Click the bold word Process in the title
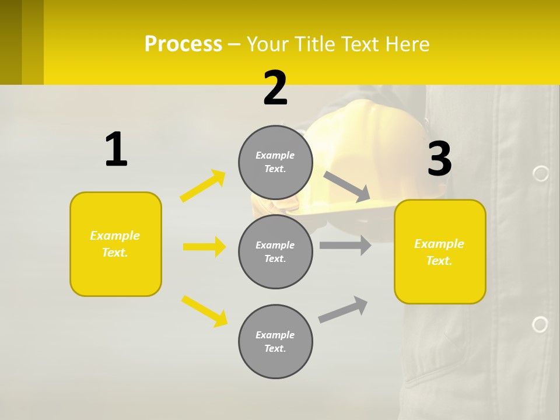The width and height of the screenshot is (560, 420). point(183,44)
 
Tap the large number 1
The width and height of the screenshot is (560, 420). point(116,150)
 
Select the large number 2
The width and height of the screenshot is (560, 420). point(275,89)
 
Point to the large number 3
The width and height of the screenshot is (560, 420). point(439,159)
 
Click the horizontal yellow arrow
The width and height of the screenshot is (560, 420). point(204,247)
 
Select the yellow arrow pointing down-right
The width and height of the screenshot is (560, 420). point(205,311)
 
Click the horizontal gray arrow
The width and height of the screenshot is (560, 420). point(345,245)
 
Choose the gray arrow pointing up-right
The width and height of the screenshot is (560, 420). point(343,309)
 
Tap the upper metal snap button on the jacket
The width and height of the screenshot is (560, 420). point(541,173)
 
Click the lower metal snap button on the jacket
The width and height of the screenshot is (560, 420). point(540,324)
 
